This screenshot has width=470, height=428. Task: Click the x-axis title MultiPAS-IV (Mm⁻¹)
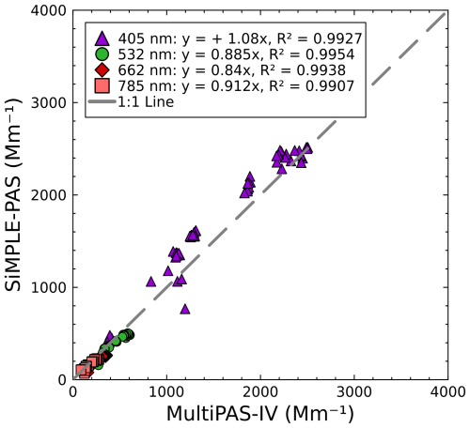pyautogui.click(x=260, y=413)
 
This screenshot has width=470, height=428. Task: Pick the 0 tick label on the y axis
pyautogui.click(x=60, y=379)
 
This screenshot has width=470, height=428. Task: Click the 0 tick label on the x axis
pyautogui.click(x=73, y=393)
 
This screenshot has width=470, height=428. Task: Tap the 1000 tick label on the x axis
pyautogui.click(x=166, y=393)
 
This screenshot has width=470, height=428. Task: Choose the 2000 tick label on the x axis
pyautogui.click(x=260, y=393)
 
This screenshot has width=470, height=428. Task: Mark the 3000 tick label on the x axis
pyautogui.click(x=353, y=393)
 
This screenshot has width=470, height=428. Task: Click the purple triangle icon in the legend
pyautogui.click(x=102, y=38)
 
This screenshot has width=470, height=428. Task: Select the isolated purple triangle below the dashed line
pyautogui.click(x=185, y=308)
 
